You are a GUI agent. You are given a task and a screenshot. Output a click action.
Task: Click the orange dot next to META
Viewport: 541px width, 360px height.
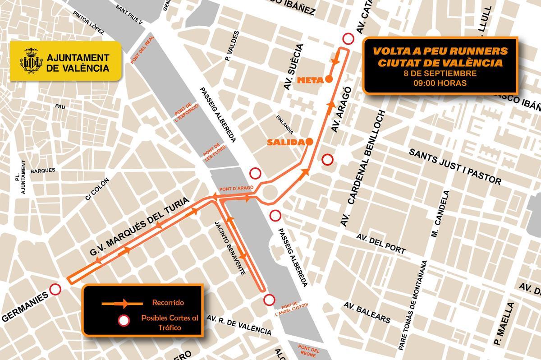tap(329, 79)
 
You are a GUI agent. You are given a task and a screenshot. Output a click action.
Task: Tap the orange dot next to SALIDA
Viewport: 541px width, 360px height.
tap(309, 142)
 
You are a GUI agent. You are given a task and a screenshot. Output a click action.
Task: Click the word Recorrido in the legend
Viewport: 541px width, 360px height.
tap(168, 302)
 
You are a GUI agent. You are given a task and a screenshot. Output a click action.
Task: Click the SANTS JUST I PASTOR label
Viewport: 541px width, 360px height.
tap(455, 167)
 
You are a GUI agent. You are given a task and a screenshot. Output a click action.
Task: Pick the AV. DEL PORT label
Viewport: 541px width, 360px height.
tap(381, 244)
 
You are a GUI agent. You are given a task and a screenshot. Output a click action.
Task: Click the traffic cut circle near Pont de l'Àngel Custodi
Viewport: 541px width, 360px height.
tap(270, 299)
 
